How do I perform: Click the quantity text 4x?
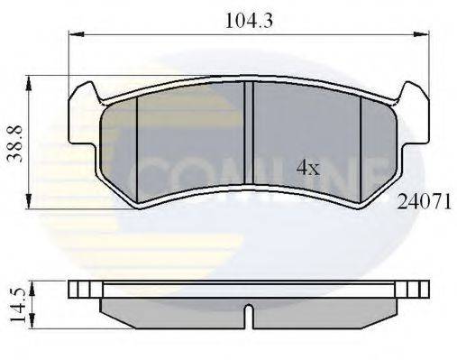point(308,167)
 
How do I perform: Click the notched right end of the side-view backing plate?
point(416,289)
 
